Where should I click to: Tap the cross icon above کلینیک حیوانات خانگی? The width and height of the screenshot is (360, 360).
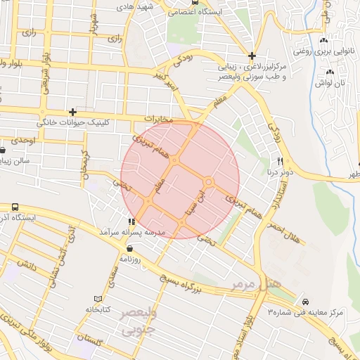click(x=72, y=112)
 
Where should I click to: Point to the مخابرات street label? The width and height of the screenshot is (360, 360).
click(x=157, y=120)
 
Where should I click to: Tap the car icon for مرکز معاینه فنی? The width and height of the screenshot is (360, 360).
click(x=304, y=301)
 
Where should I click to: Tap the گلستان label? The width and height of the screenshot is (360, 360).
click(x=97, y=342)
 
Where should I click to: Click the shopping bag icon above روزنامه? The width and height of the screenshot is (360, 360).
click(x=129, y=249)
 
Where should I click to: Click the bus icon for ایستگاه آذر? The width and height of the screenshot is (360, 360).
click(x=15, y=207)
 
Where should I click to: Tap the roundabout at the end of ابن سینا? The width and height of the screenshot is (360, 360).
click(x=208, y=182)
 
